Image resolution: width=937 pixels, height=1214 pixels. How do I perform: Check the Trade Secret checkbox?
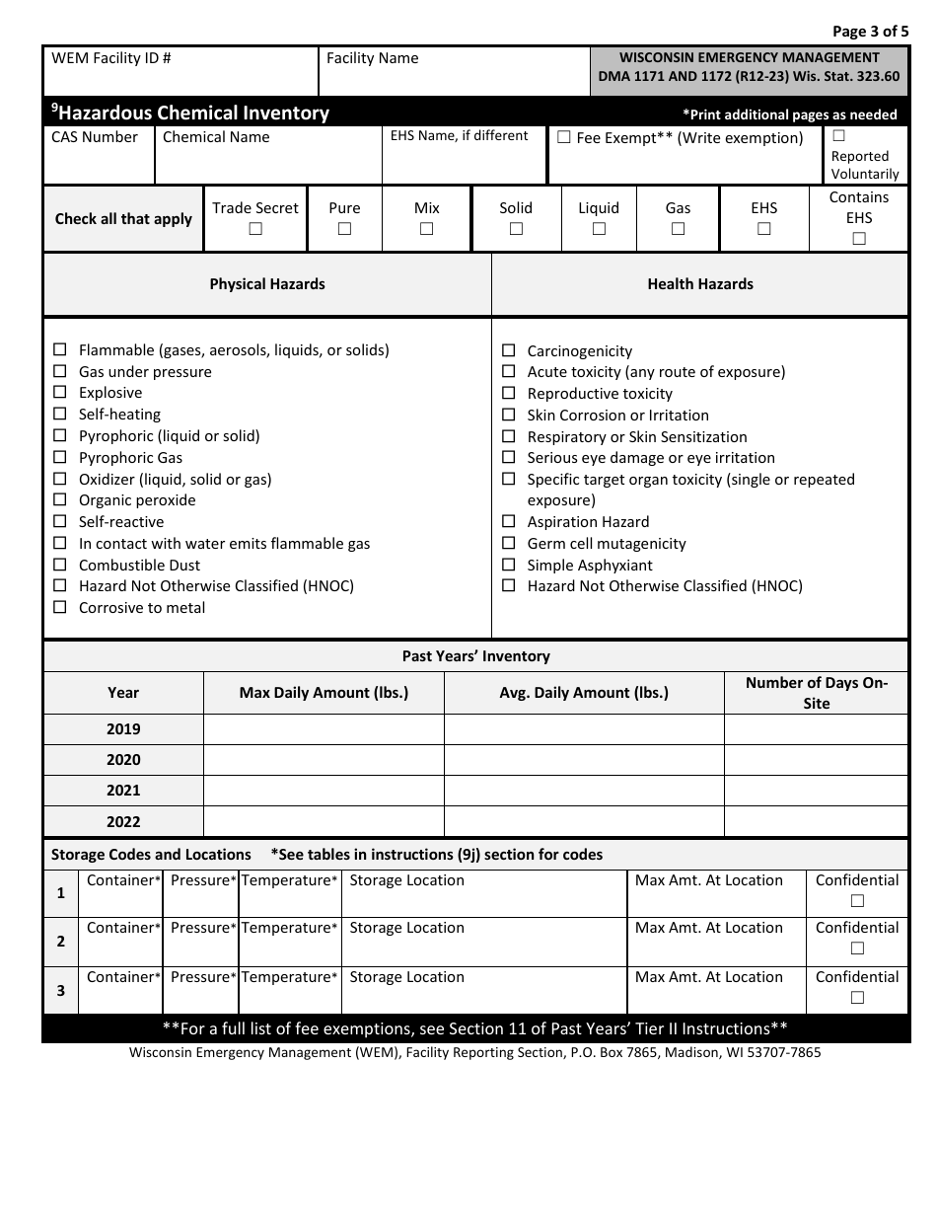click(x=255, y=229)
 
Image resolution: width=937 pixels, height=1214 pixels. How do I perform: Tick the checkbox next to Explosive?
click(x=60, y=393)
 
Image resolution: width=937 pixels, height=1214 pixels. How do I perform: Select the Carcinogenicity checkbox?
click(x=509, y=350)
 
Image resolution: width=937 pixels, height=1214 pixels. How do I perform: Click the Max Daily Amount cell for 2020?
click(x=324, y=760)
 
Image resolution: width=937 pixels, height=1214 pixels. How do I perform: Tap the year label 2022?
click(x=123, y=821)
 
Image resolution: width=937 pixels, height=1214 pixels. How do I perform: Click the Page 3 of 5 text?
click(x=870, y=31)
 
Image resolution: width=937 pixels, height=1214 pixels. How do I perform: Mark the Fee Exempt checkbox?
click(x=564, y=138)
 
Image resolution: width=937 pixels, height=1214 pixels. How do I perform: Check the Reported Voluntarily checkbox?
click(x=838, y=136)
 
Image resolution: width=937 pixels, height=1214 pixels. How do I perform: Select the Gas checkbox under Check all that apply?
click(x=678, y=229)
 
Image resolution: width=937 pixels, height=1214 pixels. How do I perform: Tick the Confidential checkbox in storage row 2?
click(x=857, y=948)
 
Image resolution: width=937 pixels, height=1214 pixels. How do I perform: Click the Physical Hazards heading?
click(x=267, y=284)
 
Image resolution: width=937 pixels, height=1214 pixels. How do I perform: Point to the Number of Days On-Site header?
click(x=816, y=693)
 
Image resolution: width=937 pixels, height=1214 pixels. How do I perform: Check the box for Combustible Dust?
click(x=60, y=565)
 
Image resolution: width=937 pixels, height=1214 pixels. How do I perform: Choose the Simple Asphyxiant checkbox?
click(x=509, y=565)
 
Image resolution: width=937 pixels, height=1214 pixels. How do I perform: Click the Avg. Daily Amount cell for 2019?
click(x=584, y=729)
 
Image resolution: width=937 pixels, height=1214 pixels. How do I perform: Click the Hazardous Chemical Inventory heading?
click(x=192, y=113)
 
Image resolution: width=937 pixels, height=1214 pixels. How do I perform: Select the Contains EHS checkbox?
click(x=859, y=238)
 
